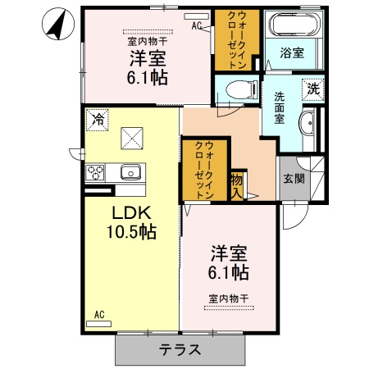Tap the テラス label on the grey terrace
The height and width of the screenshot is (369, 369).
tap(180, 349)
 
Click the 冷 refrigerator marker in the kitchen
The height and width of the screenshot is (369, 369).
tap(98, 118)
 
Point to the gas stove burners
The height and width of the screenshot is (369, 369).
tap(93, 172)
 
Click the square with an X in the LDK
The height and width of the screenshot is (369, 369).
tap(130, 136)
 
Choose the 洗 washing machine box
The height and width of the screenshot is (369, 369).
tap(313, 89)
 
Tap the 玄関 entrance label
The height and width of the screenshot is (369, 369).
tap(292, 179)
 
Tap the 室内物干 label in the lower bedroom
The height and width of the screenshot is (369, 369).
tap(229, 297)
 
